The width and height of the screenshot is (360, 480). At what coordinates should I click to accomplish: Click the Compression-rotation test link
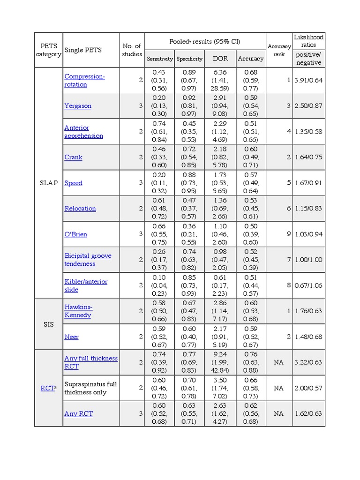click(x=84, y=80)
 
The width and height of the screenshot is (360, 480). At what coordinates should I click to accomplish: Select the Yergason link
click(x=78, y=106)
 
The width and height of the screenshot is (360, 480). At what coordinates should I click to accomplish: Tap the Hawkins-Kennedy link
click(x=78, y=311)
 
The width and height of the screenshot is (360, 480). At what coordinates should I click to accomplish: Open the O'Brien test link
click(x=75, y=234)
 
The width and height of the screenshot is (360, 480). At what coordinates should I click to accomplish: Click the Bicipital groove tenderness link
click(x=88, y=260)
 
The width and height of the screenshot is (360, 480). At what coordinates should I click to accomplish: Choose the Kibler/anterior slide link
click(x=86, y=285)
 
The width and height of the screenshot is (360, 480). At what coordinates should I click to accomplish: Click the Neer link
click(x=71, y=337)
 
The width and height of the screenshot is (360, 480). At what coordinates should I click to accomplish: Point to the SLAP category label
click(x=49, y=183)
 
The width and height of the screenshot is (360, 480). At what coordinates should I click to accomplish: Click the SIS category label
click(x=49, y=324)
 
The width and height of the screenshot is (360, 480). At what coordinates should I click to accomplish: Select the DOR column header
click(x=220, y=59)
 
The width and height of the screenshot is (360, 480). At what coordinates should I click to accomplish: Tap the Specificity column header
click(x=189, y=59)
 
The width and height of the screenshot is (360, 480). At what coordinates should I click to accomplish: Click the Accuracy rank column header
click(x=279, y=50)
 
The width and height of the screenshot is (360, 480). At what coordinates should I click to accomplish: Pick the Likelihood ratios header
click(x=308, y=41)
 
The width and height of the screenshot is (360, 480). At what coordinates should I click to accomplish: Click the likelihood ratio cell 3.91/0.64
click(x=308, y=80)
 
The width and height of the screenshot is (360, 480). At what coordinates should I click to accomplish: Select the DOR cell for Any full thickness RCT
click(x=220, y=362)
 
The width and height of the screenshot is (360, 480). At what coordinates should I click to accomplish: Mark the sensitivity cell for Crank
click(x=160, y=157)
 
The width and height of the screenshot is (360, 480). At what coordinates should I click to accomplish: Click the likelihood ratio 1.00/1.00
click(x=308, y=260)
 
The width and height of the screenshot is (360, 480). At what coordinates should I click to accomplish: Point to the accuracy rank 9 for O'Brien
click(x=289, y=234)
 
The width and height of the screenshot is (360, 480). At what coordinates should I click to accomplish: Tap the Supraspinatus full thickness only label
click(x=90, y=388)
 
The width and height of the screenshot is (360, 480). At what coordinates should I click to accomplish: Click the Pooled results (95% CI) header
click(x=205, y=41)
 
